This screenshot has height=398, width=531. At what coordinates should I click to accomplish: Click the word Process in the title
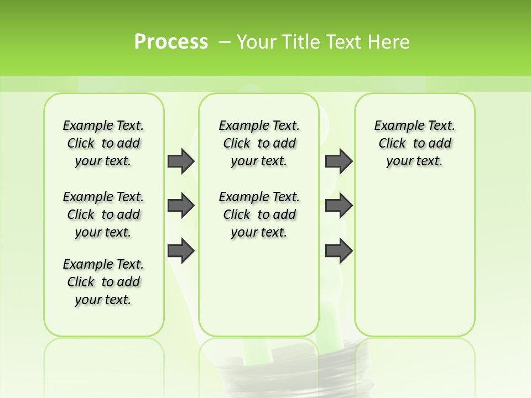point(171,42)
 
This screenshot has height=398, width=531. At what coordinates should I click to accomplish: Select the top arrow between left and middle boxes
point(181,161)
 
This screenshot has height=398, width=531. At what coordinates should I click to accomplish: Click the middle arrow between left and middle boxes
point(181,206)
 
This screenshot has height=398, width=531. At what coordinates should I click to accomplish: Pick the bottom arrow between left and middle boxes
point(181,251)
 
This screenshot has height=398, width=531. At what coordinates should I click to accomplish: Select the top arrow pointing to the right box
point(339,161)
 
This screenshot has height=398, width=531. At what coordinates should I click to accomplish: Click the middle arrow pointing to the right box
point(339,206)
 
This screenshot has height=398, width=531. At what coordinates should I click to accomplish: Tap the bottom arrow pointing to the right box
point(339,251)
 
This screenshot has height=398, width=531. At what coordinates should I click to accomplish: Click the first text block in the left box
point(103,143)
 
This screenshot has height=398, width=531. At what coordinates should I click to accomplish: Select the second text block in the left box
point(103,214)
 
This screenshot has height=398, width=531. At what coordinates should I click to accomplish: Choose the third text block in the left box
point(103,282)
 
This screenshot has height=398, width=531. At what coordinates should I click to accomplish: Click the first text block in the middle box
point(259,143)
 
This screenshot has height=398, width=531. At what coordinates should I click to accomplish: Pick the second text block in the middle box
point(259,214)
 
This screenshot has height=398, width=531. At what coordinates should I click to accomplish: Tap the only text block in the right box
point(414,143)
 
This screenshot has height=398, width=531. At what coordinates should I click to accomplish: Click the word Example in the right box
point(395,126)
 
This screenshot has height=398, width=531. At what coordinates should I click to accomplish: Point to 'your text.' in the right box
point(414,161)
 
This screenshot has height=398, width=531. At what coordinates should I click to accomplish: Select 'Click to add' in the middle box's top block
point(259,144)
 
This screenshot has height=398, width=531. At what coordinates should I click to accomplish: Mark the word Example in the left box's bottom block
point(84,264)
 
